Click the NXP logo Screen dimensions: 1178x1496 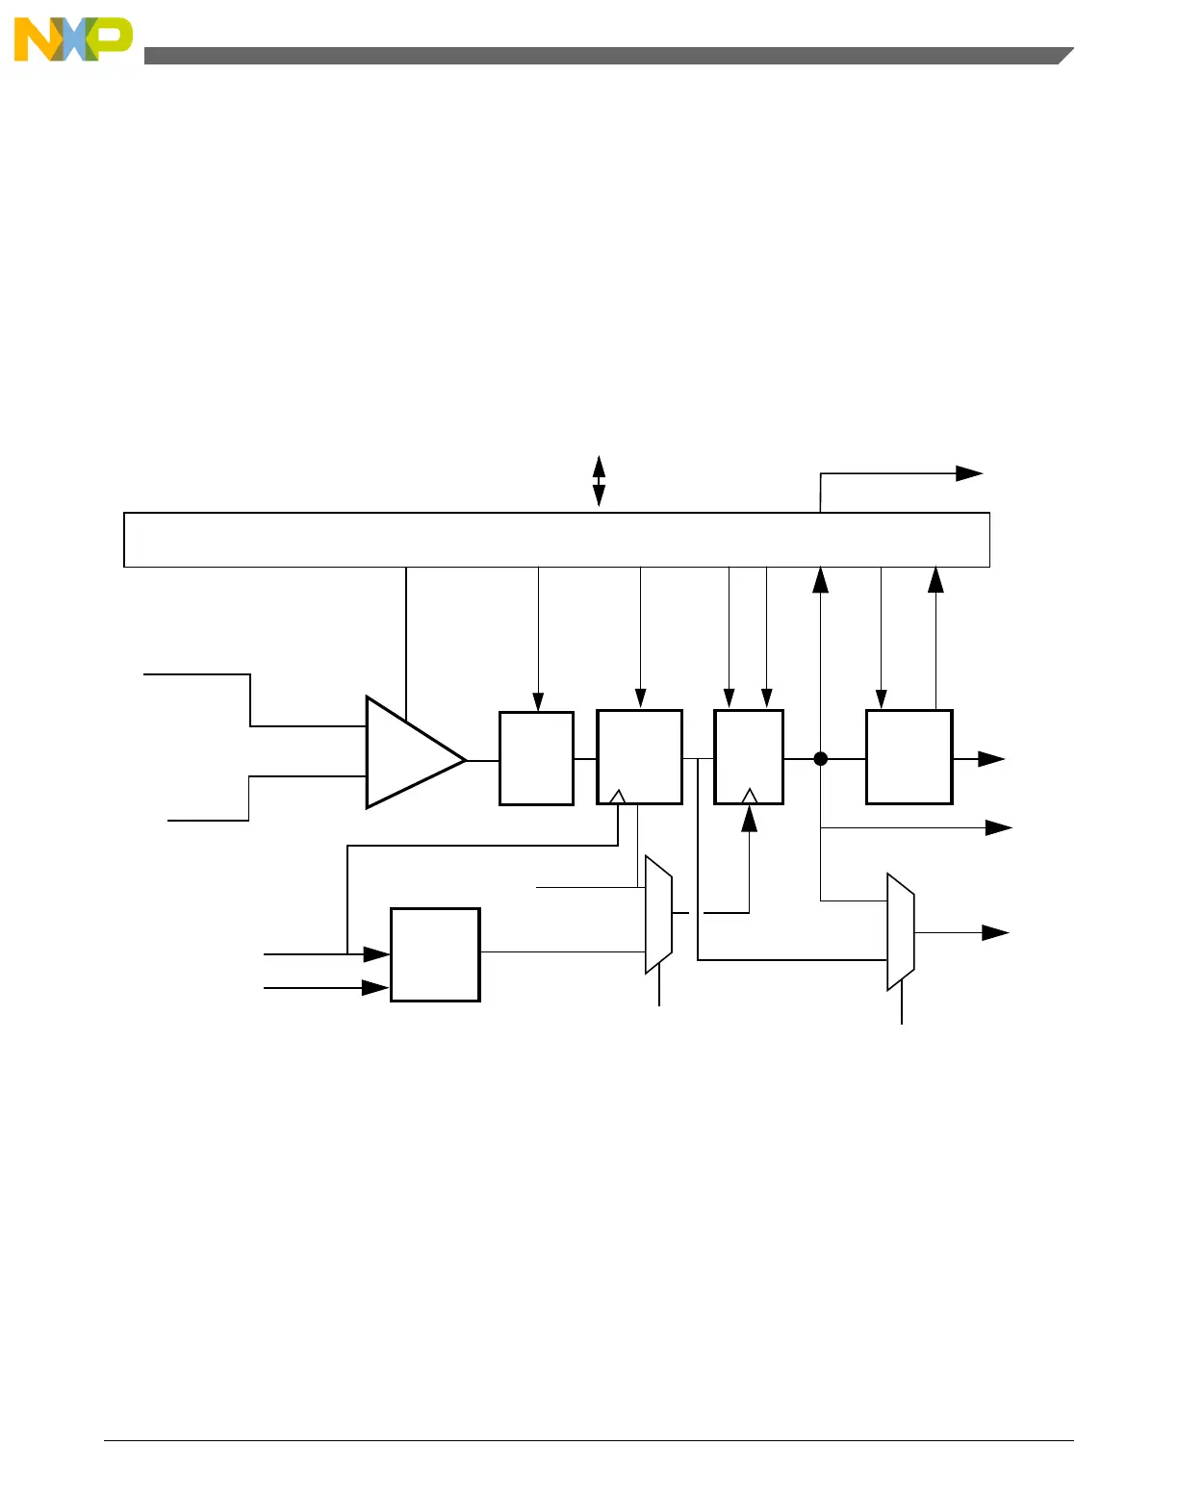pyautogui.click(x=73, y=39)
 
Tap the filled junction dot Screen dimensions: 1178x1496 pyautogui.click(x=821, y=759)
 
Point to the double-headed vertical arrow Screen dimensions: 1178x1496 pyautogui.click(x=599, y=481)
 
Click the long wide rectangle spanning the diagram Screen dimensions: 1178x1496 pyautogui.click(x=556, y=540)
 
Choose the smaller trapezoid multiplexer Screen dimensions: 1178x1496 pyautogui.click(x=658, y=915)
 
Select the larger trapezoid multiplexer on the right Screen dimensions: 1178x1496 pyautogui.click(x=900, y=931)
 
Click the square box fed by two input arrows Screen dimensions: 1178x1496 pyautogui.click(x=435, y=954)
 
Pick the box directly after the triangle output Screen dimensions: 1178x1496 pyautogui.click(x=536, y=758)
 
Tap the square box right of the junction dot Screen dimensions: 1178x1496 pyautogui.click(x=909, y=757)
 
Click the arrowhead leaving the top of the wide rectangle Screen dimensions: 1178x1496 pyautogui.click(x=969, y=473)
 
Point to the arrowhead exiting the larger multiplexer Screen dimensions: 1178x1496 pyautogui.click(x=995, y=932)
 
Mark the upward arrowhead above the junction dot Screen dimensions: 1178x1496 pyautogui.click(x=821, y=579)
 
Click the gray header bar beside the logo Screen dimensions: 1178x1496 pyautogui.click(x=606, y=56)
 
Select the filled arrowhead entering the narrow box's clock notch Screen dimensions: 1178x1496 pyautogui.click(x=749, y=818)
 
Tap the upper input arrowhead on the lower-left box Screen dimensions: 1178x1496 pyautogui.click(x=377, y=954)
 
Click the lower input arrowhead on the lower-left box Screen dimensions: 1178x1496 pyautogui.click(x=375, y=988)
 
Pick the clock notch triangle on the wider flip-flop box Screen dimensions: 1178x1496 pyautogui.click(x=618, y=797)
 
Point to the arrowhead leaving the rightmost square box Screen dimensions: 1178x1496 pyautogui.click(x=992, y=759)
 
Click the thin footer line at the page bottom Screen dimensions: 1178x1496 pyautogui.click(x=588, y=1440)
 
